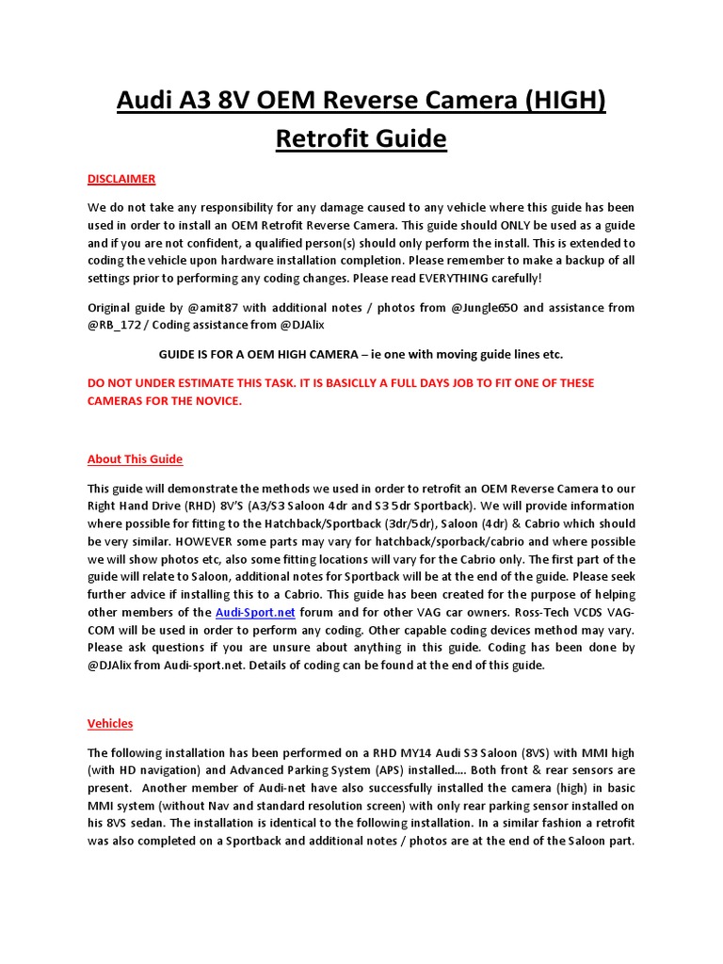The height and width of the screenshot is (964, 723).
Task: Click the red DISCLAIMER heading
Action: pos(121,179)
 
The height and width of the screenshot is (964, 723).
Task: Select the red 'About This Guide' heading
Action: pos(135,459)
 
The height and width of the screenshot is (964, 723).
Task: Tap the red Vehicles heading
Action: pos(110,724)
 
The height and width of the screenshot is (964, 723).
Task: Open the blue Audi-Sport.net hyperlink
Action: pos(255,612)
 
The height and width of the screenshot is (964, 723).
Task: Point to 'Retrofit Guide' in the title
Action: pos(361,138)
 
